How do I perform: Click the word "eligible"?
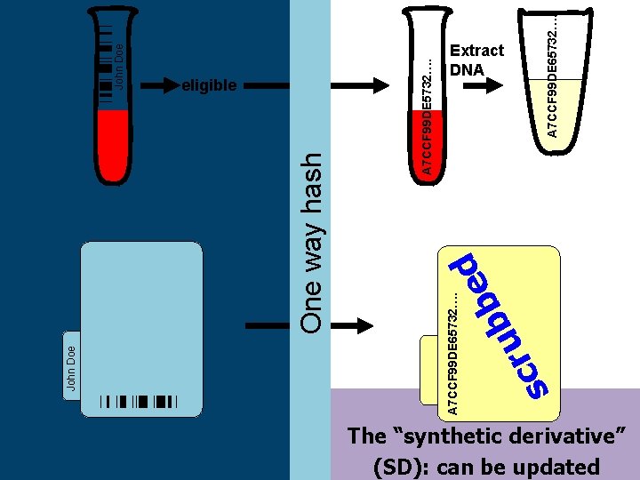209,85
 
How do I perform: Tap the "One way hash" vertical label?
311,244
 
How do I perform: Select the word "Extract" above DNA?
476,50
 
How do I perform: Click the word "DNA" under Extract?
467,69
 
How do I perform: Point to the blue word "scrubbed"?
499,325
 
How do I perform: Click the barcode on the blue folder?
139,402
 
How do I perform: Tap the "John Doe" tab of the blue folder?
71,365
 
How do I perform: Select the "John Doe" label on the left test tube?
118,67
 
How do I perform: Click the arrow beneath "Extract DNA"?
483,85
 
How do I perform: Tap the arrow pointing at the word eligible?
160,85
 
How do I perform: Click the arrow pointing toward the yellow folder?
352,325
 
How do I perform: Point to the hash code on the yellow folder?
452,354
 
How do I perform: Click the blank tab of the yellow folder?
429,370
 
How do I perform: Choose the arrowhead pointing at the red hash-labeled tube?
381,85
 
